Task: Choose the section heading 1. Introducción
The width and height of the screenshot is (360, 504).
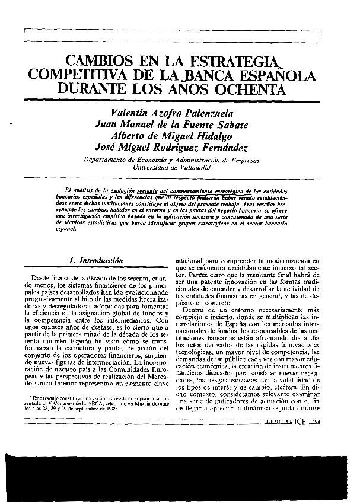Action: pos(96,260)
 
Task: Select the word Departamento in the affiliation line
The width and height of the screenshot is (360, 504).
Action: pos(104,161)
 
